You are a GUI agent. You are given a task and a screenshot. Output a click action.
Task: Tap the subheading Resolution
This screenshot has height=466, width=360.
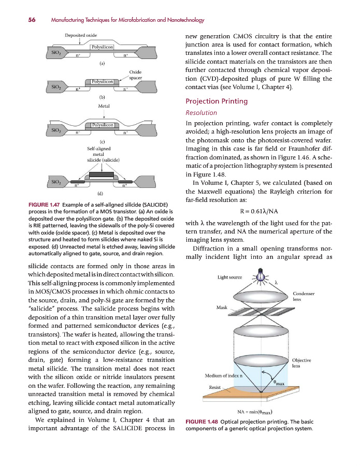click(x=201, y=112)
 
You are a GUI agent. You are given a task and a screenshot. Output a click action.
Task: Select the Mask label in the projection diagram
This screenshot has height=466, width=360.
click(x=222, y=308)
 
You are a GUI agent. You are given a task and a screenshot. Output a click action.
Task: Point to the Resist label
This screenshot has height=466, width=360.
click(x=215, y=387)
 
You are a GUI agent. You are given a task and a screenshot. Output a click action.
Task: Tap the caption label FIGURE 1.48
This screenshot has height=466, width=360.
click(x=201, y=421)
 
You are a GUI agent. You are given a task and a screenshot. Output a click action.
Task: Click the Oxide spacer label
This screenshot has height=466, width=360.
click(x=135, y=75)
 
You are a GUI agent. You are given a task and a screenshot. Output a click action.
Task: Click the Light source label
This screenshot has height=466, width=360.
click(x=229, y=278)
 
